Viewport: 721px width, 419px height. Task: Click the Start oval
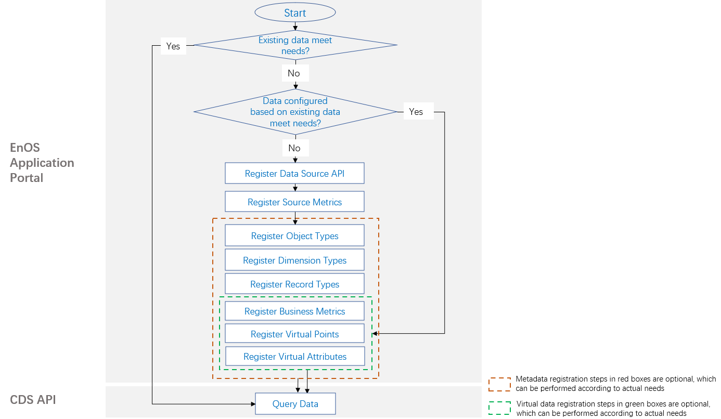(295, 12)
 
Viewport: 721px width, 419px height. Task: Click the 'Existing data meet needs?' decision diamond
(295, 45)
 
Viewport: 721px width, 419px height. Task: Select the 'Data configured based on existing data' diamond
(295, 112)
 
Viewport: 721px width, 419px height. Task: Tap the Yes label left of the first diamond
(173, 46)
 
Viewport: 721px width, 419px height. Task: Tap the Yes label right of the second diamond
(416, 111)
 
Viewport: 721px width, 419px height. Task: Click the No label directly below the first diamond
(294, 73)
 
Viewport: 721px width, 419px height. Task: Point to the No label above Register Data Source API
(294, 148)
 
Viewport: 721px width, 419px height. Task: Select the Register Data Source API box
(294, 173)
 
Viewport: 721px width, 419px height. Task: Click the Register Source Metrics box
(294, 202)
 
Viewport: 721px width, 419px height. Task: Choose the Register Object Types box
(294, 235)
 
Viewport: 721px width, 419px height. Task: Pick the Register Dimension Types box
(294, 260)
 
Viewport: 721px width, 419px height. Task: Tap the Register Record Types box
(294, 284)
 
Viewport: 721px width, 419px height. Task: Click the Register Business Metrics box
(294, 311)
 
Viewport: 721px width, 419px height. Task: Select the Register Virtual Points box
(294, 334)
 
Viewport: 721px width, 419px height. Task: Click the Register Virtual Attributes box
(294, 357)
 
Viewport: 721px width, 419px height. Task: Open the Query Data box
(295, 403)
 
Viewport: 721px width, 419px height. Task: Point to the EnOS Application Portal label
(42, 163)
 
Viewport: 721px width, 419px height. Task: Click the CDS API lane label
(33, 399)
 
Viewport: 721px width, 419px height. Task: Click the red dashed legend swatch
(499, 384)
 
